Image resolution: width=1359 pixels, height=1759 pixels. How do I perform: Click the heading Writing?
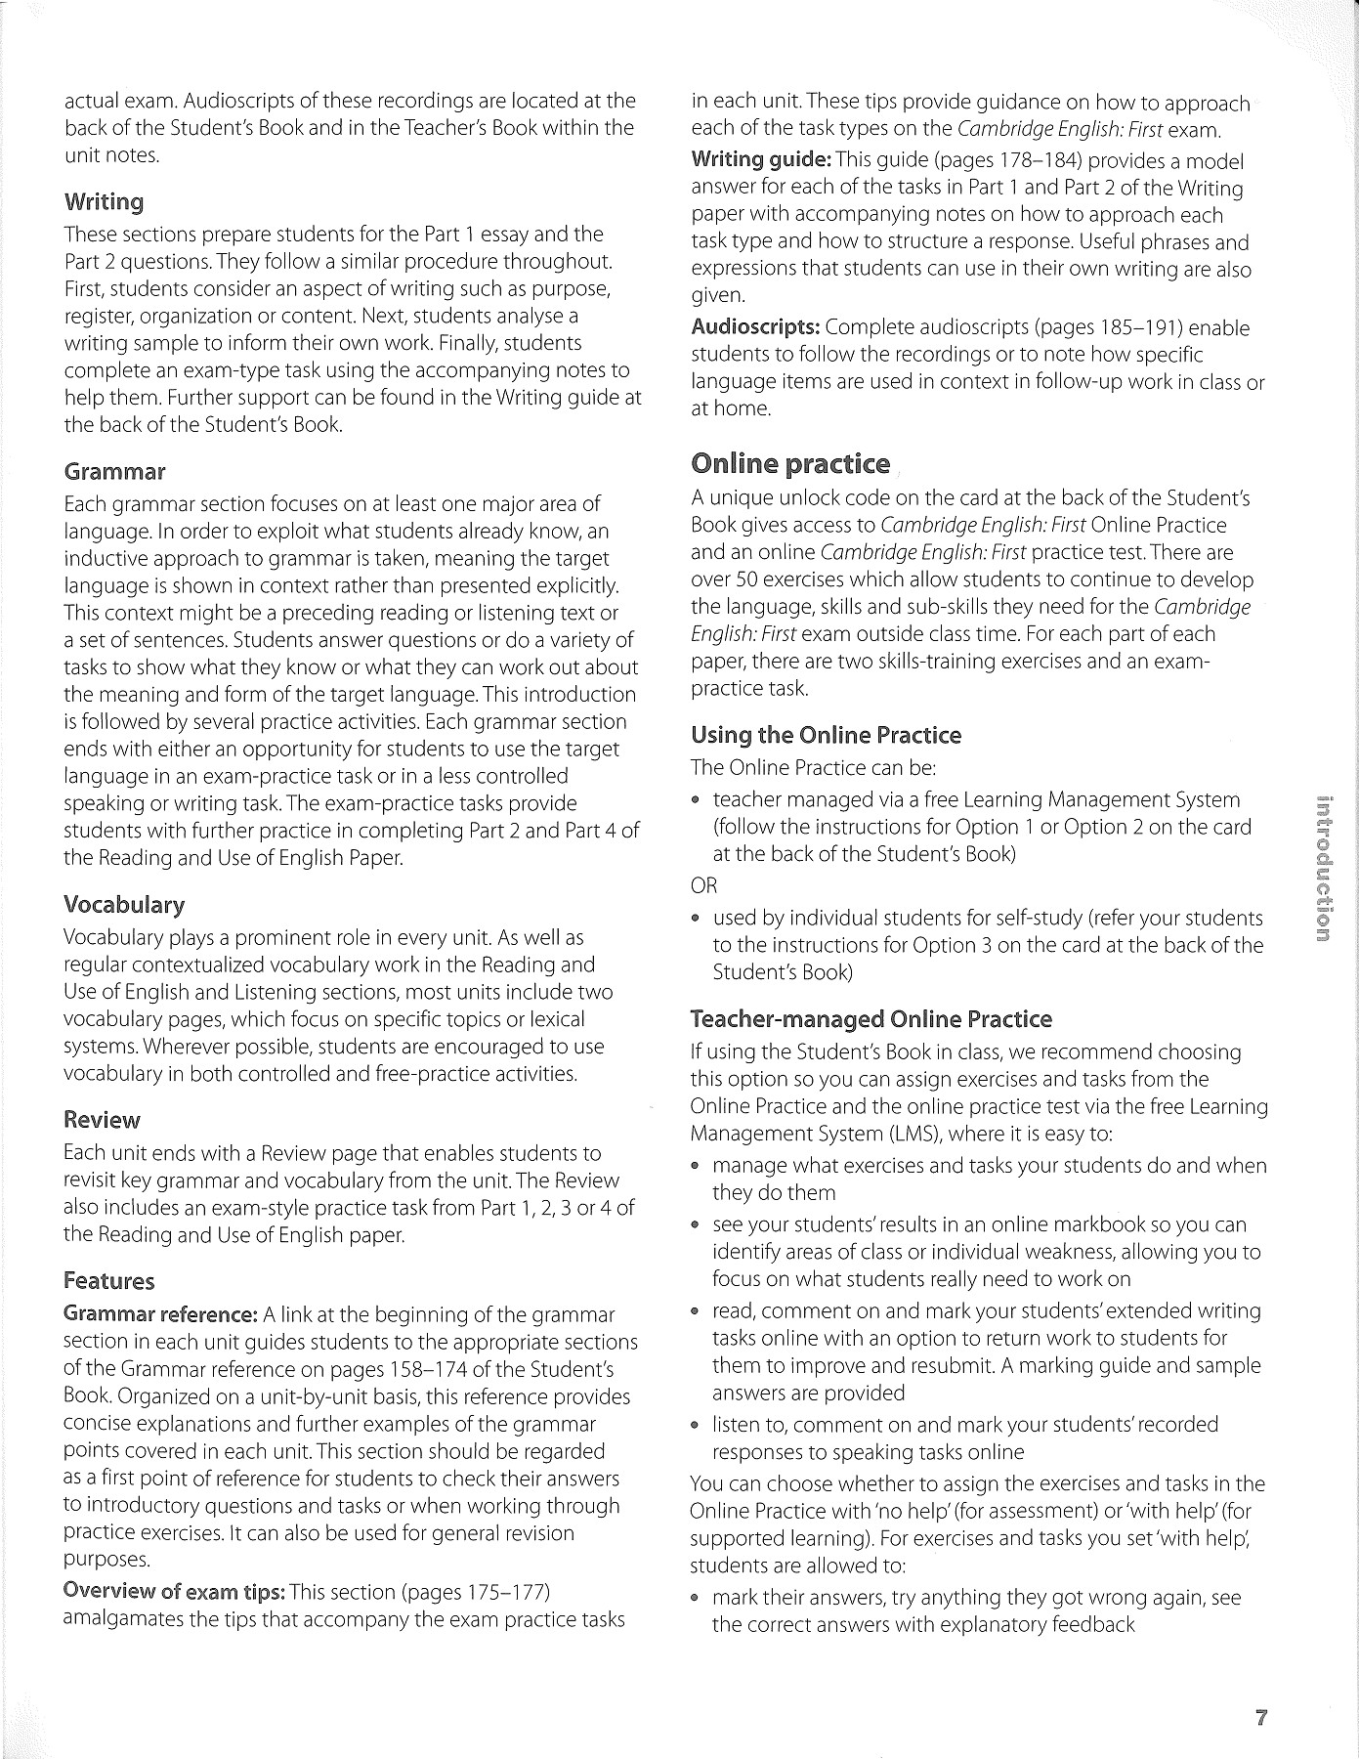pyautogui.click(x=104, y=202)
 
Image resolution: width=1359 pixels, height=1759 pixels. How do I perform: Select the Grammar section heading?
pyautogui.click(x=114, y=472)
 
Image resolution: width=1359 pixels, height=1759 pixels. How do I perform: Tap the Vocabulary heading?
pyautogui.click(x=124, y=905)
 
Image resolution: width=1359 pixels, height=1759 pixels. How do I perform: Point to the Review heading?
pyautogui.click(x=102, y=1120)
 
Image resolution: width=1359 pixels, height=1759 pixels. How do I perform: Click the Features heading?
pyautogui.click(x=109, y=1281)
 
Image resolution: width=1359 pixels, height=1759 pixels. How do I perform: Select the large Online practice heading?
pyautogui.click(x=790, y=463)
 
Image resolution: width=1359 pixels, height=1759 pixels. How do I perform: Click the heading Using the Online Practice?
pyautogui.click(x=826, y=735)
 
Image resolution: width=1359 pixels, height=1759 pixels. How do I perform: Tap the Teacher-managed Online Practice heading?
pyautogui.click(x=871, y=1019)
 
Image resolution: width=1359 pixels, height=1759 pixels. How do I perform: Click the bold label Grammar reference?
pyautogui.click(x=160, y=1314)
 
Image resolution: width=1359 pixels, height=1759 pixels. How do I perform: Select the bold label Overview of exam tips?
pyautogui.click(x=174, y=1592)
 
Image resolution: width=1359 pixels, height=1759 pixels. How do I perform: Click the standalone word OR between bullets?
pyautogui.click(x=703, y=886)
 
